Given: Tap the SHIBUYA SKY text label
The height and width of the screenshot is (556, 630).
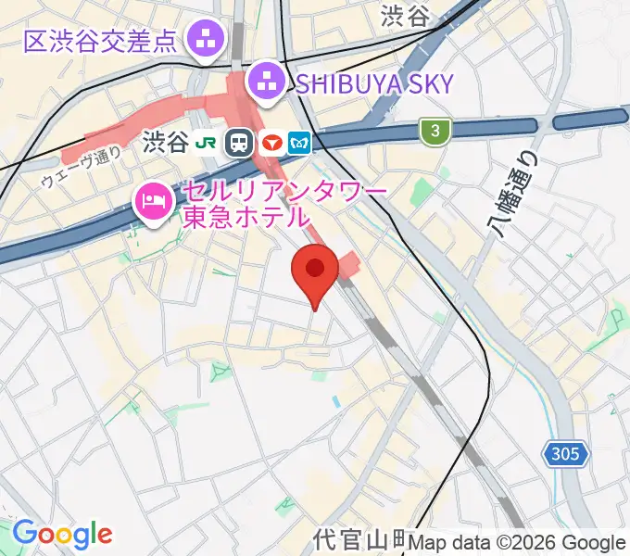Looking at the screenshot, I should point(375,84).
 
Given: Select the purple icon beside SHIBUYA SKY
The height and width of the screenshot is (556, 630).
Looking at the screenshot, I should point(268,82).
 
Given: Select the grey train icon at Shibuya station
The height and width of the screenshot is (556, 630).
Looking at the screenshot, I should point(240,143).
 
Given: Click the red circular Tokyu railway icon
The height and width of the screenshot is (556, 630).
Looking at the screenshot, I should point(271,143).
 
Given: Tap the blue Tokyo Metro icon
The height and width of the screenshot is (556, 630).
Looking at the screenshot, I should point(301,143).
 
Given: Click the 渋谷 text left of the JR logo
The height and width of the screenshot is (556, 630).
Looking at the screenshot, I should point(167,143).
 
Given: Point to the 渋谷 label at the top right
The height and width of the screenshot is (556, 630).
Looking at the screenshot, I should point(406,16).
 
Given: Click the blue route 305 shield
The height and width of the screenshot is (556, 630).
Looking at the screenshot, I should point(564,454).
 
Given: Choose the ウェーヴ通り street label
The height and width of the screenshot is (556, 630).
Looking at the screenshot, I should point(82,169).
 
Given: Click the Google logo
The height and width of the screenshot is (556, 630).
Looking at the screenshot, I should point(62,534).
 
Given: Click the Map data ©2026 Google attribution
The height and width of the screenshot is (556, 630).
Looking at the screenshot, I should point(517,543).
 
